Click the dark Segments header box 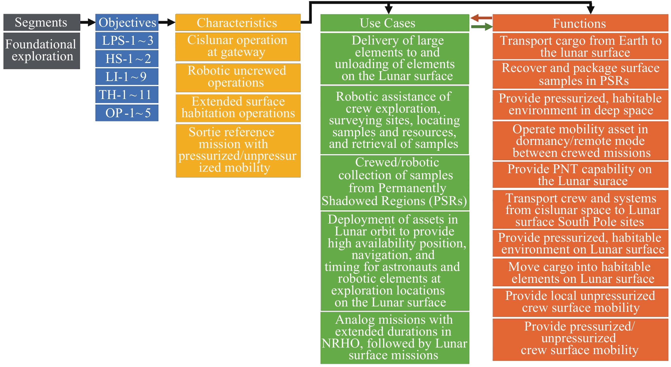point(42,22)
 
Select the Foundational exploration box point(42,51)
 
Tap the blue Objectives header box point(127,22)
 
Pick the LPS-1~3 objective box point(127,41)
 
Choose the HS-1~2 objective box point(127,59)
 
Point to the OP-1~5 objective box point(127,113)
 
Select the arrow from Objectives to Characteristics point(167,22)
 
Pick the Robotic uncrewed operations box point(238,77)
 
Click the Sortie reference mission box point(238,151)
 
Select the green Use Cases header point(394,23)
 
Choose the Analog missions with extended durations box point(394,338)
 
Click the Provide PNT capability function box point(580,175)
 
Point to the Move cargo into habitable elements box point(580,273)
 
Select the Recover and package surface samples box point(580,74)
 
